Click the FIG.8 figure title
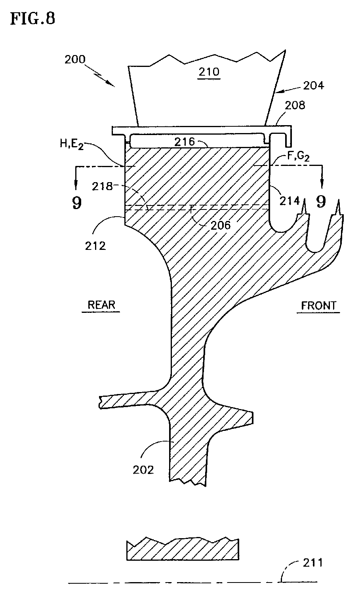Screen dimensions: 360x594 [32, 19]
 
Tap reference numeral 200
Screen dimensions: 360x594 [75, 59]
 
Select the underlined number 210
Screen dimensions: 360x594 [209, 72]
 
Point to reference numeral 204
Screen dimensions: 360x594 [314, 86]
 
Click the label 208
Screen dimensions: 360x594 [295, 106]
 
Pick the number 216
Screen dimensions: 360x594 [185, 142]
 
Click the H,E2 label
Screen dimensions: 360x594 [72, 144]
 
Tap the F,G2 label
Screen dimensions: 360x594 [298, 156]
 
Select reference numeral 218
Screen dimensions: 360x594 [103, 187]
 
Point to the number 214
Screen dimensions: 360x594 [290, 201]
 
